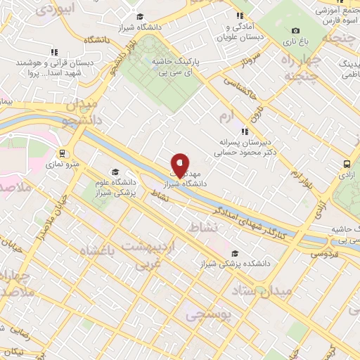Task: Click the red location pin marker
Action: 180,165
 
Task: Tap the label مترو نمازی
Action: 63,165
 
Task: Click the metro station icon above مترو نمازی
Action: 62,153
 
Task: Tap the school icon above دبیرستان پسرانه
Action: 244,131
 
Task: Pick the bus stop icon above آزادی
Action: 346,164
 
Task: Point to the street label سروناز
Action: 252,61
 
